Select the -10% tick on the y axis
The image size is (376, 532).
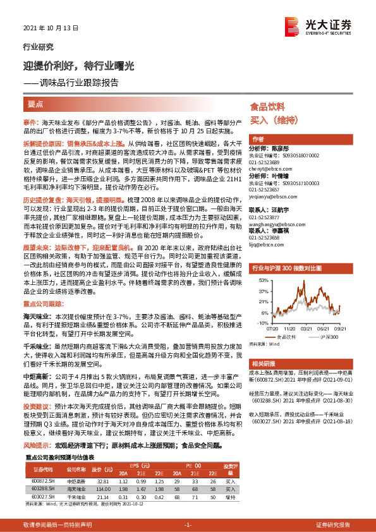tap(260, 322)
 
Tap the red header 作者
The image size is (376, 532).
tap(258, 139)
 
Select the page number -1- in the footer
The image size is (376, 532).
tap(187, 525)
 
